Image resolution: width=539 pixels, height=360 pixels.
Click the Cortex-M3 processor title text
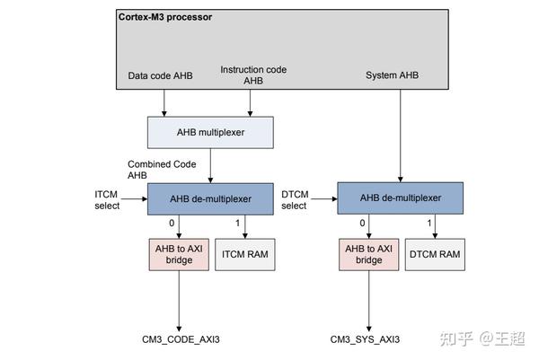(165, 17)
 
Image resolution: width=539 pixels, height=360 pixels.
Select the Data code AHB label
(160, 75)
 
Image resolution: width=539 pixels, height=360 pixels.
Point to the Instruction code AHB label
(253, 75)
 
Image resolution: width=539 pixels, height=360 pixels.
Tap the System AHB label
(393, 75)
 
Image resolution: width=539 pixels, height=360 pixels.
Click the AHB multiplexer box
(210, 133)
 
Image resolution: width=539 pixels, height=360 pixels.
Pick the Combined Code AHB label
(162, 170)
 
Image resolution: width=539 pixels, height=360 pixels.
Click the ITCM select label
(107, 200)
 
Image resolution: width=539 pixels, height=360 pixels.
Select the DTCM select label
(295, 200)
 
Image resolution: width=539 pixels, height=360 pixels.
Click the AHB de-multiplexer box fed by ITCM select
(210, 199)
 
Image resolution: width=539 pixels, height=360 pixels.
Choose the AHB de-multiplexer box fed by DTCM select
(400, 198)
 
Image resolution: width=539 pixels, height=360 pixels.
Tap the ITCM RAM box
(244, 255)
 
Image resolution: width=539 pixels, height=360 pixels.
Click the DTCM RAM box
(435, 255)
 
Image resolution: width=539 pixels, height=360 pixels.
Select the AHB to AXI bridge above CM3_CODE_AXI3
(179, 255)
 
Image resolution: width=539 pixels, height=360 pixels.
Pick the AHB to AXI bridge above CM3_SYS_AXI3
(369, 255)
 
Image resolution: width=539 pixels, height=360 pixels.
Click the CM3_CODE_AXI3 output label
(181, 339)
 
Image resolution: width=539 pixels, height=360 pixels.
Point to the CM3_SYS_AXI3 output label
(365, 339)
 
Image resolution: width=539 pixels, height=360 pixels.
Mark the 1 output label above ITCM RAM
(237, 224)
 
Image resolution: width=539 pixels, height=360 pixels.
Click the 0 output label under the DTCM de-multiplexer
(362, 224)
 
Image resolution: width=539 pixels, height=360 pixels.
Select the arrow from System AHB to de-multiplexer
(400, 136)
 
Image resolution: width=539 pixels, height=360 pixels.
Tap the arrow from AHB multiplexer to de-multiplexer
(210, 165)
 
